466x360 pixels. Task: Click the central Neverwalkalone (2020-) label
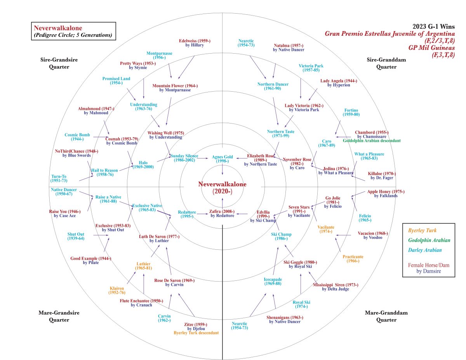coord(222,188)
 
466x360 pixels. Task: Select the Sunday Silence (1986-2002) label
coord(184,158)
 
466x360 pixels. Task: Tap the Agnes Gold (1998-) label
coord(222,159)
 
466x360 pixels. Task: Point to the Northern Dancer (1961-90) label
coord(273,86)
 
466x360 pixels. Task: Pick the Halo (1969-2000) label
coord(143,165)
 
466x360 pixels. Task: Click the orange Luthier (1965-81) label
coord(143,266)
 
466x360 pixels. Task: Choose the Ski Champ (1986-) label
coord(281,236)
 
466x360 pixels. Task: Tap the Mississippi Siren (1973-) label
coord(336,285)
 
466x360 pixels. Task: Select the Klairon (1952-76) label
coord(117,290)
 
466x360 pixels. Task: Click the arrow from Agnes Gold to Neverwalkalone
coord(222,169)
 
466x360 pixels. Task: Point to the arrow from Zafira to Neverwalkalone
coord(222,203)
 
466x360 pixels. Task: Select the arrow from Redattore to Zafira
coord(202,214)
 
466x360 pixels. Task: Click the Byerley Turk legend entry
coord(422,231)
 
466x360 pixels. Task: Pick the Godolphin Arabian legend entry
coord(429,240)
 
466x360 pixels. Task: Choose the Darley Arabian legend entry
coord(425,250)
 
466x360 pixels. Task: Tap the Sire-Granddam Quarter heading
coord(386,63)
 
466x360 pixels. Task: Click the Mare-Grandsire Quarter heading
coord(59,316)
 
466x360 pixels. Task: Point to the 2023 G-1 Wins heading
coord(434,26)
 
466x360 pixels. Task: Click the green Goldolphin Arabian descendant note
coord(372,141)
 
